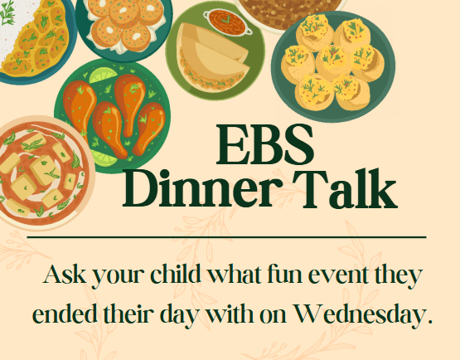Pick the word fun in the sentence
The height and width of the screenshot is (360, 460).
(x=294, y=274)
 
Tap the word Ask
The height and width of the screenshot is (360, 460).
(x=65, y=274)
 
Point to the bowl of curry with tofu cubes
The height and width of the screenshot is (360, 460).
(x=38, y=171)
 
